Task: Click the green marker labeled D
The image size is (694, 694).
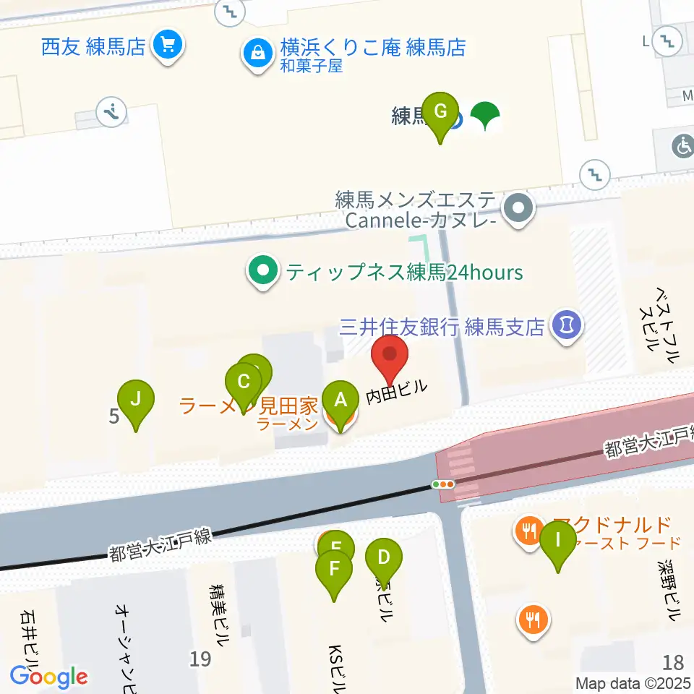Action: pos(383,557)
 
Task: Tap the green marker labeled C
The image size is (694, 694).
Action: pos(244,381)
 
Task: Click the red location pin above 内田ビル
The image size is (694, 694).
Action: pos(390,355)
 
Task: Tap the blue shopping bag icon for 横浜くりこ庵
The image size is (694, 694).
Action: pos(257,53)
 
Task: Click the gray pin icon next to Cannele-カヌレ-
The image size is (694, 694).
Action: pos(519,210)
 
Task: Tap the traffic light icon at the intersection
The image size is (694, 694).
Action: pos(442,484)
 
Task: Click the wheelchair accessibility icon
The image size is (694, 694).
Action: pos(682,147)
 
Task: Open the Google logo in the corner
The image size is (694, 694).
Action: pos(48,677)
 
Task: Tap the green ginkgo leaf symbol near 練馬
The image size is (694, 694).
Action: pos(486,116)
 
